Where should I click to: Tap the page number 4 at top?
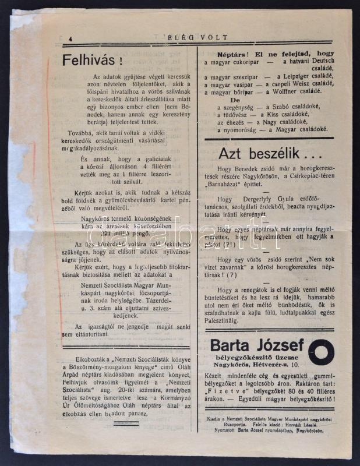coord(69,39)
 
